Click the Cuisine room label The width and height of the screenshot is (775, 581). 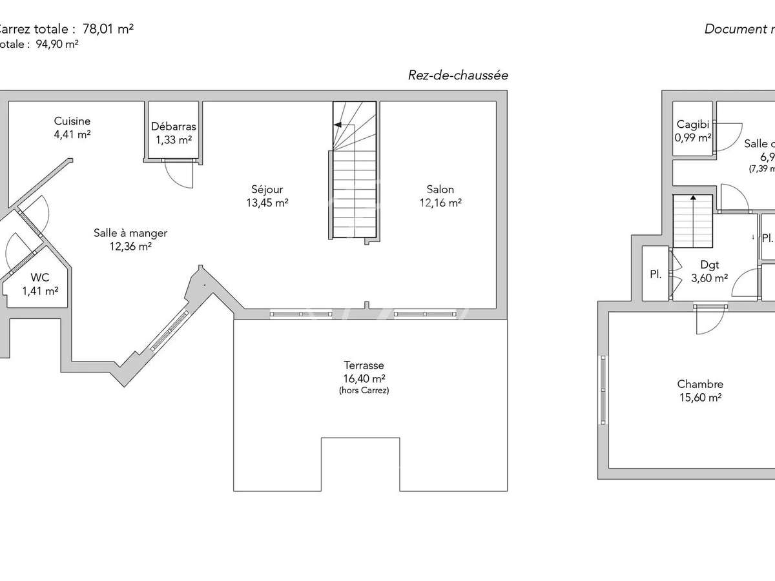(x=72, y=121)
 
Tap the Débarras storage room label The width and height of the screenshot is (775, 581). (x=173, y=127)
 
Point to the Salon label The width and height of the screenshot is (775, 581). (x=440, y=190)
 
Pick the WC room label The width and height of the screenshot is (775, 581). (x=40, y=278)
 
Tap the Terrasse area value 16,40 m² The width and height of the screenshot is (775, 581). (x=364, y=379)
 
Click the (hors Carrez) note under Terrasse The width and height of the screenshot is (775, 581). (x=364, y=391)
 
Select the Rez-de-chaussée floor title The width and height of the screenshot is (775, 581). (x=458, y=76)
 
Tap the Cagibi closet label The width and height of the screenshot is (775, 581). (x=693, y=125)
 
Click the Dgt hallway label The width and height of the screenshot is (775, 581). (x=710, y=264)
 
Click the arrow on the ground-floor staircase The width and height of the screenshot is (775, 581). (x=337, y=124)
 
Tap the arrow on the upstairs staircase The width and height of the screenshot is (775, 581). (x=692, y=199)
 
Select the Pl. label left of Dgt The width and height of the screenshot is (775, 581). (x=656, y=274)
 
